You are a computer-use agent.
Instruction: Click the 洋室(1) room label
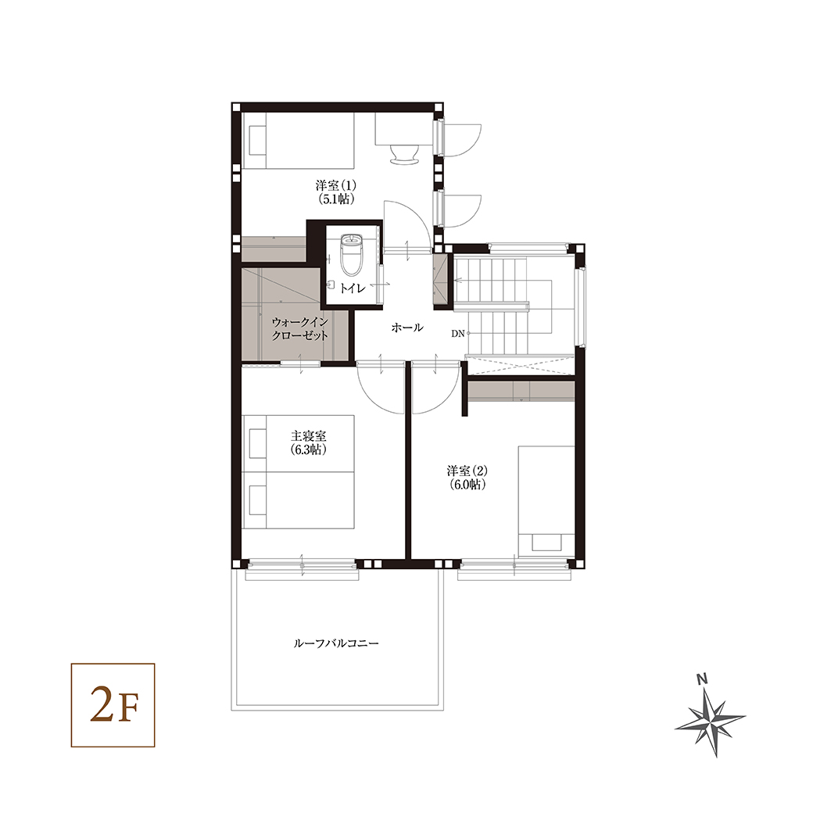tap(335, 185)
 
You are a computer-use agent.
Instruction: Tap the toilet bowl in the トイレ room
tap(352, 255)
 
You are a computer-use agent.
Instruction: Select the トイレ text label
tap(353, 288)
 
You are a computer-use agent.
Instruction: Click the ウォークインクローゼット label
tap(299, 329)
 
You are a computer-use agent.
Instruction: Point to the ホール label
tap(407, 328)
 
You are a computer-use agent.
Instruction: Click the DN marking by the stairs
tap(458, 334)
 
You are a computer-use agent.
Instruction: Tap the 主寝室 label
tap(309, 436)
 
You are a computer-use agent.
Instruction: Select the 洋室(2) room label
tap(467, 471)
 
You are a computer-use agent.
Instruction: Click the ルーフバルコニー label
tap(336, 643)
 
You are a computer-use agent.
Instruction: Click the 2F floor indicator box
tap(113, 704)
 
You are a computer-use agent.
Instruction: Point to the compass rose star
tap(711, 722)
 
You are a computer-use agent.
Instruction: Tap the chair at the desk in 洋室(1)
tap(404, 154)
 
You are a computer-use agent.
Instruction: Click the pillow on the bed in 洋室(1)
tap(257, 141)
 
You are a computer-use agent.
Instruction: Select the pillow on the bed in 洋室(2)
tap(546, 543)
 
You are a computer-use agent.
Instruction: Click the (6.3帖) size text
tap(309, 450)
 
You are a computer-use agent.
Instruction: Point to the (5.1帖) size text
tap(336, 199)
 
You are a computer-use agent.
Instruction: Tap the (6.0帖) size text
tap(467, 485)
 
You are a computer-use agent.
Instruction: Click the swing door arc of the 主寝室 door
tap(372, 396)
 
